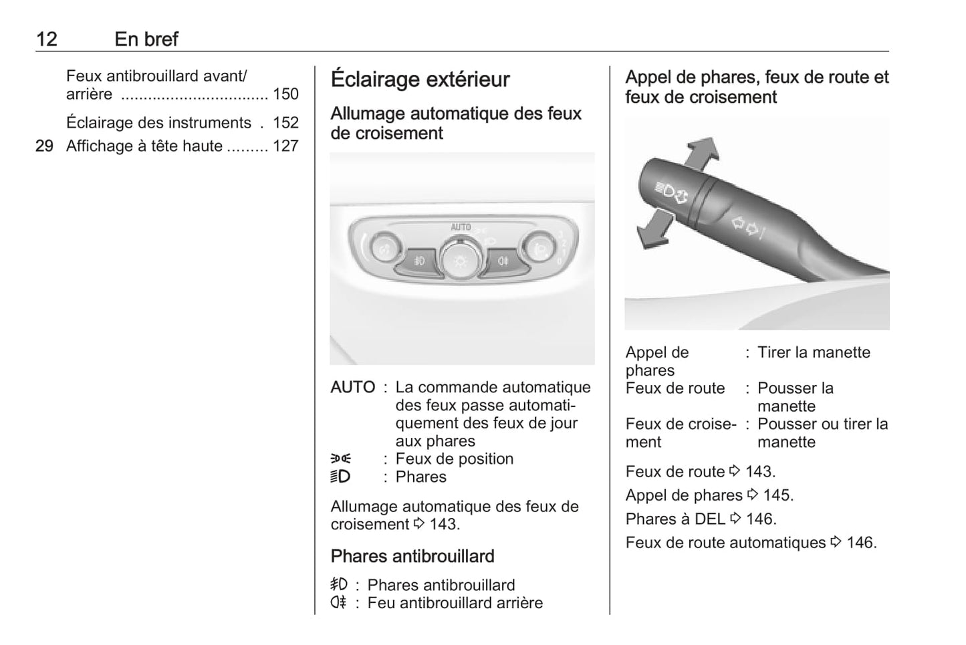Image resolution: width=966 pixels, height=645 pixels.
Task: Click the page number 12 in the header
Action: point(46,39)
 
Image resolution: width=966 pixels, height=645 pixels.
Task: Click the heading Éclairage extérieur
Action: point(420,80)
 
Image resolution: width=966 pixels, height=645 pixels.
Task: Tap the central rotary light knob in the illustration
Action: point(460,259)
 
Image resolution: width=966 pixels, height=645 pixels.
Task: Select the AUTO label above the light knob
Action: point(461,227)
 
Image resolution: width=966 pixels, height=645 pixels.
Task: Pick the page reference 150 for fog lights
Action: point(285,94)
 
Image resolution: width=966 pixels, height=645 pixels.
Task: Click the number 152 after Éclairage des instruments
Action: point(285,123)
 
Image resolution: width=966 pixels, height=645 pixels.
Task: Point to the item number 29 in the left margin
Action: point(44,146)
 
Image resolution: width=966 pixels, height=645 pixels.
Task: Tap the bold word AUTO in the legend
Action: point(352,388)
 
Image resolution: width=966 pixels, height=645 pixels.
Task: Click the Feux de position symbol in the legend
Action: point(340,459)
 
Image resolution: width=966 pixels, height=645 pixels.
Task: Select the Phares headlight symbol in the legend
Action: point(340,477)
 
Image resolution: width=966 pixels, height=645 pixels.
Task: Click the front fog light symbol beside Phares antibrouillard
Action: point(339,585)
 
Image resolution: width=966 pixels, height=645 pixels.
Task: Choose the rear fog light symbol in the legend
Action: point(339,603)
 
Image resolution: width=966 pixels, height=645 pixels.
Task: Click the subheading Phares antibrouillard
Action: point(412,556)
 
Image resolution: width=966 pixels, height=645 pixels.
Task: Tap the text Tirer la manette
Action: point(814,353)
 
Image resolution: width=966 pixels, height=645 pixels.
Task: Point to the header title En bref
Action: point(146,39)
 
